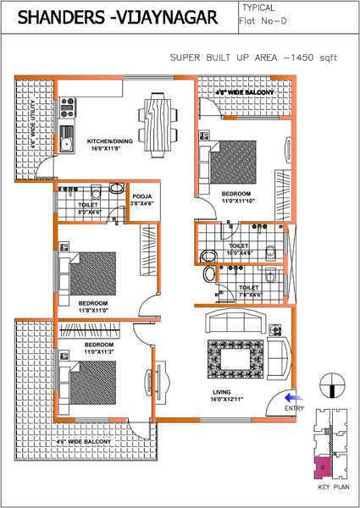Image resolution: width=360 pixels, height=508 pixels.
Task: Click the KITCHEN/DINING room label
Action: coord(107,145)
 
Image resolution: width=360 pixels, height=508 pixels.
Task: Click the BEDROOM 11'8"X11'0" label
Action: coord(93,306)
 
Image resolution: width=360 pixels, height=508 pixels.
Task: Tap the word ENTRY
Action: coord(295,410)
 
